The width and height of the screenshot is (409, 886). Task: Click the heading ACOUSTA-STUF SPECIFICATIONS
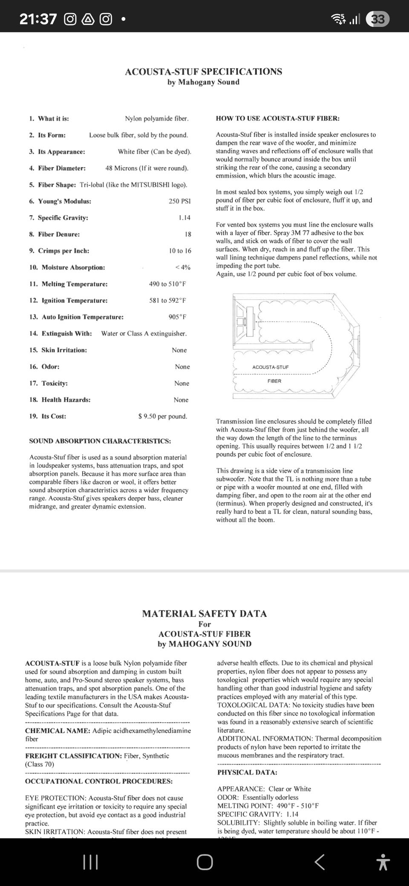click(203, 72)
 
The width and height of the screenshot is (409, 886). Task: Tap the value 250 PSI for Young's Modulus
click(179, 201)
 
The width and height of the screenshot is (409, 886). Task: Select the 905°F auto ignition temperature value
click(177, 317)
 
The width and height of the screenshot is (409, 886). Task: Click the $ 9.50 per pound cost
click(163, 416)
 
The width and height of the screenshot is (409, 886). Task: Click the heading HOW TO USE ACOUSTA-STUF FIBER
click(277, 118)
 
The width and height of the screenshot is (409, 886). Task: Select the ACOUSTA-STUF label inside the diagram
click(270, 367)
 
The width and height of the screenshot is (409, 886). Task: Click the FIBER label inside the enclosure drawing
click(274, 381)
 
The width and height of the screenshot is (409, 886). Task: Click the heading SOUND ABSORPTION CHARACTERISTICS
click(100, 441)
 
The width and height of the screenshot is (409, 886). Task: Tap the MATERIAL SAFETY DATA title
click(204, 613)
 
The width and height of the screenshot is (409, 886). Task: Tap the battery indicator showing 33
click(377, 19)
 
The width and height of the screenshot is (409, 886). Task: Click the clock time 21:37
click(38, 19)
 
